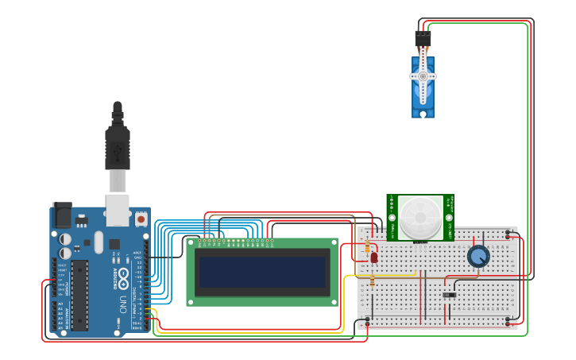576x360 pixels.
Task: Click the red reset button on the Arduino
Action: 141,218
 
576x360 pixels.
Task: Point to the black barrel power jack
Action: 62,215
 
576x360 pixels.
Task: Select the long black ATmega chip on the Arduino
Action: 79,295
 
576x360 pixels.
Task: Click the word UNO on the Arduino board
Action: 123,304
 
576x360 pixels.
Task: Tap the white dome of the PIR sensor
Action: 419,216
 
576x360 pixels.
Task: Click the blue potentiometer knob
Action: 478,256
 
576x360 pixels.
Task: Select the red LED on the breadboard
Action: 374,257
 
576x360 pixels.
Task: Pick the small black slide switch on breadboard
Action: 449,296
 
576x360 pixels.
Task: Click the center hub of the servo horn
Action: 423,76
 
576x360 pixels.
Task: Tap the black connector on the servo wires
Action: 423,38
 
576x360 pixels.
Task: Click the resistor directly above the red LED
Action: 366,247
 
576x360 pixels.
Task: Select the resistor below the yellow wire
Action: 372,281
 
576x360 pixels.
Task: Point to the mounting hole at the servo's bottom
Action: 423,113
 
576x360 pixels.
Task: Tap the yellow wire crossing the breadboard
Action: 381,275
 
